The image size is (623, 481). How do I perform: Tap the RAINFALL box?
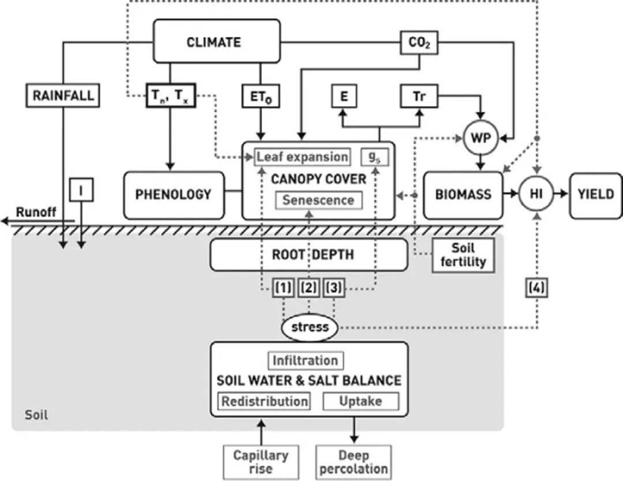point(63,95)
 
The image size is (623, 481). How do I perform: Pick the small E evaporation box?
point(344,96)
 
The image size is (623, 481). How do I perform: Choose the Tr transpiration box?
point(419,96)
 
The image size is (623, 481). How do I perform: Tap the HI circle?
point(536,193)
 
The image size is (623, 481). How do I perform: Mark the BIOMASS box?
point(463,195)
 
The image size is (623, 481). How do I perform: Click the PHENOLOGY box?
point(173,195)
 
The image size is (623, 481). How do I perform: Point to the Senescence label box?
point(319,200)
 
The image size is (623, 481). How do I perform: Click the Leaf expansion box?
point(302,156)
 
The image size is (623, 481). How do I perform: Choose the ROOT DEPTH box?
point(309,255)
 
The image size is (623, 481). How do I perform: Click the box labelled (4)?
point(536,287)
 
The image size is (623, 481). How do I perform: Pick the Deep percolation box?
point(354,461)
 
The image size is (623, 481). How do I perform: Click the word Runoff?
point(36,212)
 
